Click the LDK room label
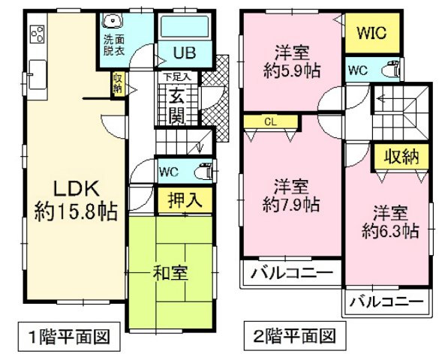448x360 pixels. [73, 187]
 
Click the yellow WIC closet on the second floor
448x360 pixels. [371, 34]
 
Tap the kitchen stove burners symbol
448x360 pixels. [37, 34]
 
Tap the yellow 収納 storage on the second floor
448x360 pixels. [401, 157]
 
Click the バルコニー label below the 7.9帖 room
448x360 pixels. [290, 272]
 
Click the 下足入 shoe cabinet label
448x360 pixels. [178, 76]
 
